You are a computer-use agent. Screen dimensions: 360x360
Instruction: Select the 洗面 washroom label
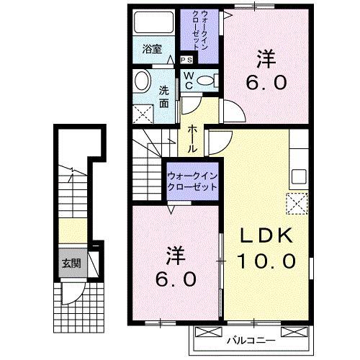(163, 96)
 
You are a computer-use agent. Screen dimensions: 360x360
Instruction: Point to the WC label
(187, 80)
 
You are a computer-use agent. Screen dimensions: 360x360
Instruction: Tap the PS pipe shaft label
(186, 60)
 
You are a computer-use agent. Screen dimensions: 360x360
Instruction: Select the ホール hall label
(194, 136)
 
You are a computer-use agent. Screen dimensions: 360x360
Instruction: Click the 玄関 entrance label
(71, 264)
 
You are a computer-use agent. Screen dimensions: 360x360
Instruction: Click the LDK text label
(264, 235)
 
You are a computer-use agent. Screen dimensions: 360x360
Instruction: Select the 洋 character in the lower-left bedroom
(175, 254)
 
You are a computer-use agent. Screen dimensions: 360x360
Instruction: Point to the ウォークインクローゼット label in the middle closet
(192, 181)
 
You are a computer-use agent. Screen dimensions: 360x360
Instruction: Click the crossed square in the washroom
(143, 113)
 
